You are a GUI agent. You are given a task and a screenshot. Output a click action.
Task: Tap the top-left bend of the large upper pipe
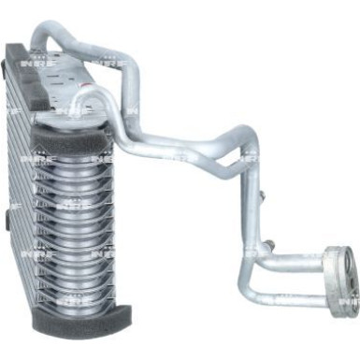(x=42, y=36)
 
